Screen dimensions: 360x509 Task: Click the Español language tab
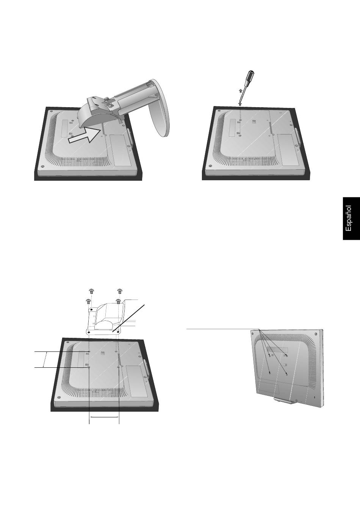coord(351,219)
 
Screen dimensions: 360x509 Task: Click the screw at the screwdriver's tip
coord(240,104)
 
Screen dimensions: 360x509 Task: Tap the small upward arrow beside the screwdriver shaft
coord(240,91)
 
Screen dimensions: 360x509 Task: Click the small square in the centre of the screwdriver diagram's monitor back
coord(254,121)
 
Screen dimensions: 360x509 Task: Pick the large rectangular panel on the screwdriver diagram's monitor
coord(289,150)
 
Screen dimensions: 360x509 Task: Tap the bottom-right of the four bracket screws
coord(118,301)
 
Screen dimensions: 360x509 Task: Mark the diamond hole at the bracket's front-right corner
coord(118,332)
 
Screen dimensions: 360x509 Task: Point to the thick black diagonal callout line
coord(128,319)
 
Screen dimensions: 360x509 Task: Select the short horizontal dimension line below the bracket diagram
coord(104,417)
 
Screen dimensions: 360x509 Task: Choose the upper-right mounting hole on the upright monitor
coord(286,356)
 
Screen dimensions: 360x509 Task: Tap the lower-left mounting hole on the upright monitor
coord(269,372)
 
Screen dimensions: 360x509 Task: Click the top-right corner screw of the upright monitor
coord(316,334)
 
